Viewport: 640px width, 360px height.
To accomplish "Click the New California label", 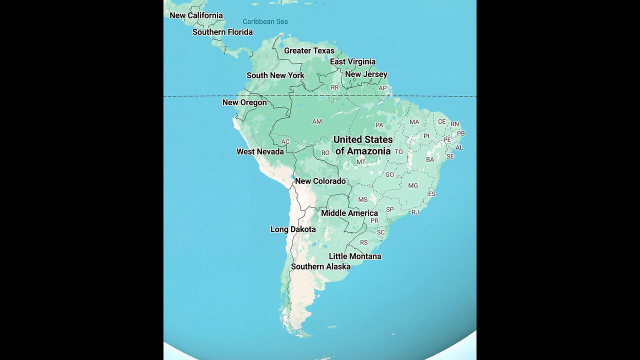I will click(196, 15).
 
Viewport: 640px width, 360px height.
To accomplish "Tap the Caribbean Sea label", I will click(265, 21).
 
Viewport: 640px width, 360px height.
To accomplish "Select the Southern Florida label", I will click(222, 32).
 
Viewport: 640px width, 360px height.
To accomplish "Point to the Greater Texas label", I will click(309, 50).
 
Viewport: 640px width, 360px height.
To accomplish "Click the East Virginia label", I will click(352, 61).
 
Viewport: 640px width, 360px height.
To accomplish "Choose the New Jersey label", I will click(366, 74).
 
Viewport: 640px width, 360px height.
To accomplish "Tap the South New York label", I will click(275, 75).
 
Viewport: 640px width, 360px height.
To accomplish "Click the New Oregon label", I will click(244, 102).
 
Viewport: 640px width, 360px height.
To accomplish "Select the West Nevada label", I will click(260, 151).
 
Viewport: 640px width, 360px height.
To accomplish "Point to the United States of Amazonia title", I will click(363, 145).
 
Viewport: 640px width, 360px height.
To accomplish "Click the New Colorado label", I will click(320, 181).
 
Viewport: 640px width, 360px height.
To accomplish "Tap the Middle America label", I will click(349, 213).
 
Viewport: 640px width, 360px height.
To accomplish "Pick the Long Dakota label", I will click(293, 229).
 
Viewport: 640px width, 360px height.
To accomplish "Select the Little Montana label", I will click(355, 256).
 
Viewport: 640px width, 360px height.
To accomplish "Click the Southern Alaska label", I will click(320, 266).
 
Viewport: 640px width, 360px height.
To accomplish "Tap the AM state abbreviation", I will click(317, 121).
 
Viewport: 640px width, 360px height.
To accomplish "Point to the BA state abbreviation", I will click(430, 159).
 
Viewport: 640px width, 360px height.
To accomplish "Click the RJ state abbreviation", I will click(415, 212).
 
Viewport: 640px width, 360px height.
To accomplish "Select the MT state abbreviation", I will click(361, 162).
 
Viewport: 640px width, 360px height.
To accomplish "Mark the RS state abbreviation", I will click(364, 242).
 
